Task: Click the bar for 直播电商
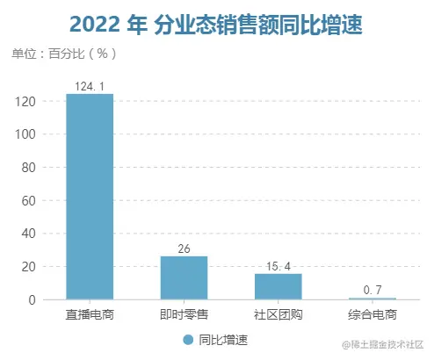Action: [90, 197]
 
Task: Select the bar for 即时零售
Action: [184, 277]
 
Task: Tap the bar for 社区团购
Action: [278, 286]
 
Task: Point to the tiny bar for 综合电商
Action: [372, 299]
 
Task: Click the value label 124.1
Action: [90, 86]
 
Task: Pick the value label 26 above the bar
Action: [184, 248]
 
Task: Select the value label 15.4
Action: [278, 266]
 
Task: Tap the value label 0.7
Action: [372, 290]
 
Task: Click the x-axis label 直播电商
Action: [90, 314]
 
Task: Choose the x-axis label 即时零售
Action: [184, 314]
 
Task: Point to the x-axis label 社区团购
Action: [278, 314]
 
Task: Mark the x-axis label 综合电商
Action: [372, 314]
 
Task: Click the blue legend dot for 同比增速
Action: [187, 340]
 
